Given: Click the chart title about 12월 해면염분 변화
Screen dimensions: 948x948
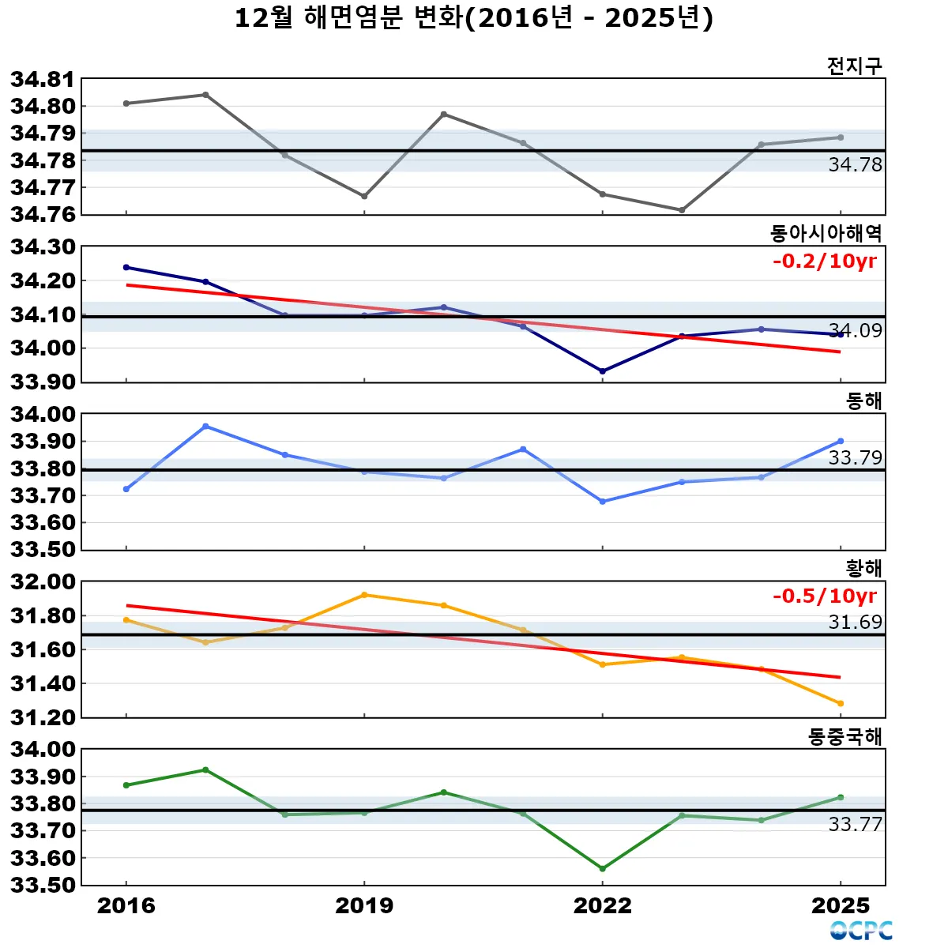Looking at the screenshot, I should [x=474, y=17].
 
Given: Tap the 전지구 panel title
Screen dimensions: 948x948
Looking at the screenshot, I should [x=854, y=66].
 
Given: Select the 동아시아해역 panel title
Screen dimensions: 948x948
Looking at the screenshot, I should [x=826, y=233].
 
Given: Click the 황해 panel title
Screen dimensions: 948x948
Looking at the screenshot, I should [x=863, y=568].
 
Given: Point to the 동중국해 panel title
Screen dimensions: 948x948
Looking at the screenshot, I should [x=845, y=736].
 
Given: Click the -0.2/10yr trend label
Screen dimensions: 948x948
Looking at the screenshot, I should [x=824, y=261].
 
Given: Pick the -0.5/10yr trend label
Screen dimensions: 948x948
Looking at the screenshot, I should [x=824, y=596].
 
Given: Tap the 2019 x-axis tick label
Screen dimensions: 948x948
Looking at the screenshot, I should [x=364, y=905].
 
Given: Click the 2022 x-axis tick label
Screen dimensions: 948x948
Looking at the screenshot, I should [x=603, y=905].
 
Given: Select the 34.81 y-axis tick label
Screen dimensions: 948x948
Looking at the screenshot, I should [x=43, y=79].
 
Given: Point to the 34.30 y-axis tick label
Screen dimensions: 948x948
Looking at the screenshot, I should [x=43, y=247].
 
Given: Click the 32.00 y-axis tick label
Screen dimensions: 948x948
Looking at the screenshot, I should [x=43, y=582].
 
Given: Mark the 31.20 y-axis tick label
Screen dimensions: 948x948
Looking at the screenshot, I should [x=43, y=717].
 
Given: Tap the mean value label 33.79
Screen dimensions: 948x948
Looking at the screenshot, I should [x=855, y=457].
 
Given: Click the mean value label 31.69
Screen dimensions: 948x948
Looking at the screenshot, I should [x=855, y=623].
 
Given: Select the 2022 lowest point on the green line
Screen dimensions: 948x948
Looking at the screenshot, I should [x=603, y=868].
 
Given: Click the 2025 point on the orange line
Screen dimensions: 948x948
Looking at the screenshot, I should [x=841, y=703].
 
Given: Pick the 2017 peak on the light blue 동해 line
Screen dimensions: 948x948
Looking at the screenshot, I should [x=205, y=427].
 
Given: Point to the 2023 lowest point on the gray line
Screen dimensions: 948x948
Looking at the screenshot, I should [x=682, y=210].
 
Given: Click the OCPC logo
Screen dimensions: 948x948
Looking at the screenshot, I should [x=861, y=931].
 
